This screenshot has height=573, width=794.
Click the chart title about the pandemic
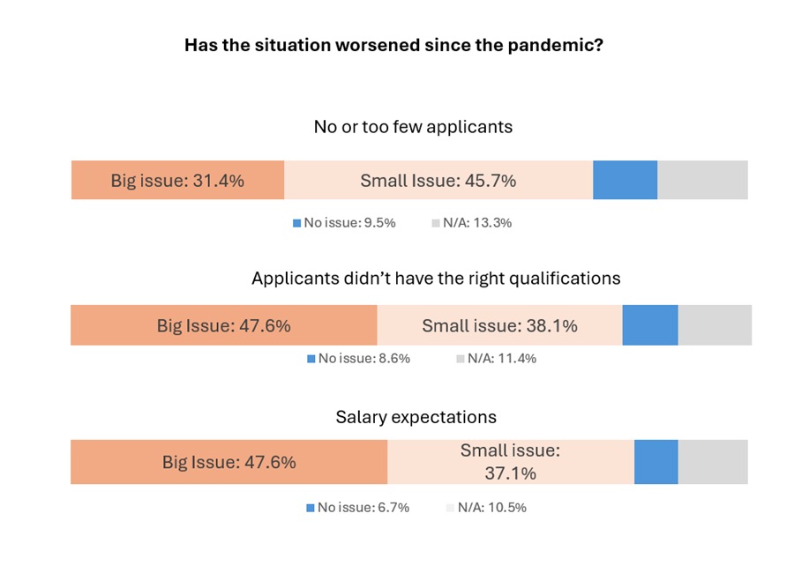click(x=393, y=45)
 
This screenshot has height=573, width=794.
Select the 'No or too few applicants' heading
click(x=413, y=127)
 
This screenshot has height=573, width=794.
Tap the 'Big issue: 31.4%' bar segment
click(x=177, y=180)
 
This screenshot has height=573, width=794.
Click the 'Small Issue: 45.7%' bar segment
click(x=438, y=180)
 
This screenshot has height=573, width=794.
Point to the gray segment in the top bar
click(x=703, y=180)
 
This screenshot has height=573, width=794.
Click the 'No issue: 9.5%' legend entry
click(x=344, y=223)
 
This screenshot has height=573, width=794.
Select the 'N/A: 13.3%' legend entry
click(x=472, y=223)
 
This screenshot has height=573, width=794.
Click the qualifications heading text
click(x=436, y=279)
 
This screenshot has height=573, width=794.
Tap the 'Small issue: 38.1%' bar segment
click(x=500, y=325)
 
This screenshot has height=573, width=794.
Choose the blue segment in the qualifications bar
click(x=650, y=325)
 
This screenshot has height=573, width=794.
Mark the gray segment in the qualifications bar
click(x=715, y=325)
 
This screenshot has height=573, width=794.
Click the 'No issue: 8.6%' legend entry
click(x=358, y=359)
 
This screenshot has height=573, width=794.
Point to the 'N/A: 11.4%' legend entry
click(x=496, y=359)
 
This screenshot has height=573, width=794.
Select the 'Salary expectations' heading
click(x=416, y=417)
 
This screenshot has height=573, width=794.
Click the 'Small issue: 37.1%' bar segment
click(x=511, y=462)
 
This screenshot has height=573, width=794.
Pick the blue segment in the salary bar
click(x=656, y=462)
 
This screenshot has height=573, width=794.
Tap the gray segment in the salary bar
click(x=713, y=462)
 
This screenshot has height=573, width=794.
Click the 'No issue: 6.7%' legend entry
click(x=358, y=508)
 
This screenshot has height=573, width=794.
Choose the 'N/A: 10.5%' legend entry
click(x=487, y=508)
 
